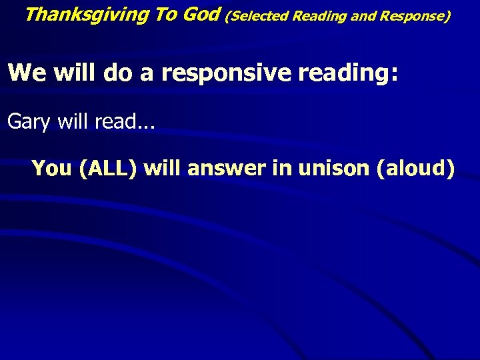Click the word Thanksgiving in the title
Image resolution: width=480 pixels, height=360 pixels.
pos(87,15)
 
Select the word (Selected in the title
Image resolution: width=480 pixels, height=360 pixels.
pos(257,15)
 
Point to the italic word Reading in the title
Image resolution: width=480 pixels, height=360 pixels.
pos(319,15)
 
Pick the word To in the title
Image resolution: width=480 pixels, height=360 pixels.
pos(165,14)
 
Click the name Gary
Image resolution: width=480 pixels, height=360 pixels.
pos(29,121)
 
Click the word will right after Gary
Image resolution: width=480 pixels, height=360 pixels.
pos(73,121)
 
